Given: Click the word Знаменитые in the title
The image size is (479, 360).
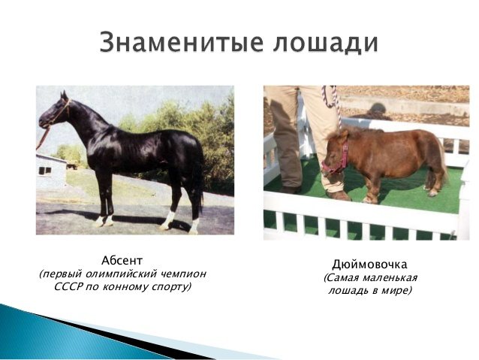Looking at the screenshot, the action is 181,42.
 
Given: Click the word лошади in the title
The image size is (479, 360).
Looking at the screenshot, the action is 325,43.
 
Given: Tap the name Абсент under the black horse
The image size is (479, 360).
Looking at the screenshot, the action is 122,261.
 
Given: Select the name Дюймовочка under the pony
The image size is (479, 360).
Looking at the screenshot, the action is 369,265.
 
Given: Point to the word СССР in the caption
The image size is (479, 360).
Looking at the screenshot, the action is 69,287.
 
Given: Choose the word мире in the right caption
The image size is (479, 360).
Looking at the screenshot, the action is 396,291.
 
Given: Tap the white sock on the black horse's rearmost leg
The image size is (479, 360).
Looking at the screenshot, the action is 194,225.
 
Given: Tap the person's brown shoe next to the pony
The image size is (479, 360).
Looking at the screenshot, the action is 339,195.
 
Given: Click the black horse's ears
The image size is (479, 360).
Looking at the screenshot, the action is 64,95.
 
